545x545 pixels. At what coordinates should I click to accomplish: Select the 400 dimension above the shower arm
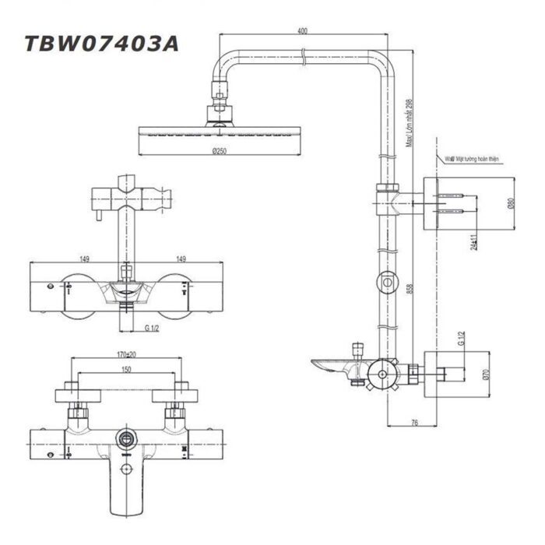click(x=302, y=31)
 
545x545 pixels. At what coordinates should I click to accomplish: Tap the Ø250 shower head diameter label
click(x=218, y=152)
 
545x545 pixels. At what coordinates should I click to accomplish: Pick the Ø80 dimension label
click(x=512, y=203)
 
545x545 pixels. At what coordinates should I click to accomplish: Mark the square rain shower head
click(x=218, y=136)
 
